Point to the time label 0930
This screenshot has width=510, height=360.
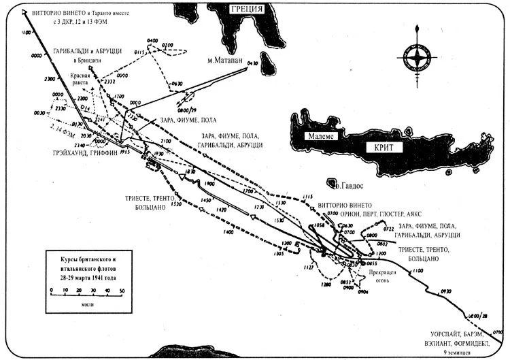(446, 291)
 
